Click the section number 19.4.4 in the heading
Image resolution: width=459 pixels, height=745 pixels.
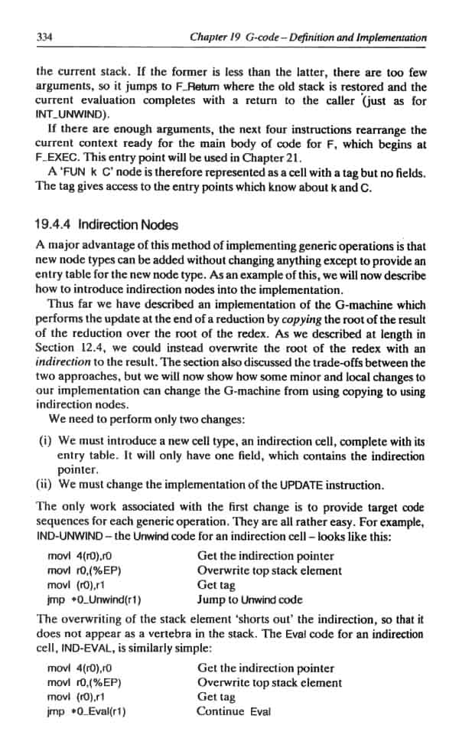[58, 225]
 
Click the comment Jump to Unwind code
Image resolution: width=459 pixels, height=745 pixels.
[249, 600]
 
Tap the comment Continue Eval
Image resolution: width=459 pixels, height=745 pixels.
[233, 711]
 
